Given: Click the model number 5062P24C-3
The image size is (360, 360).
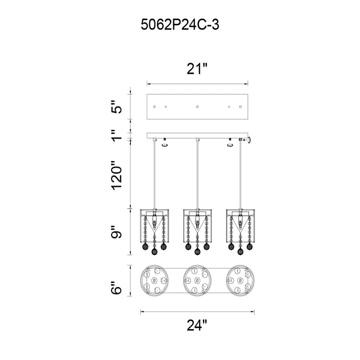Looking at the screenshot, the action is pyautogui.click(x=180, y=24).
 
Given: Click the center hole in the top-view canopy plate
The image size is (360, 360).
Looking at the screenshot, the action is pyautogui.click(x=197, y=107).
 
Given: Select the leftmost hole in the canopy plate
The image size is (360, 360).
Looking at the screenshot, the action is pyautogui.click(x=154, y=107).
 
